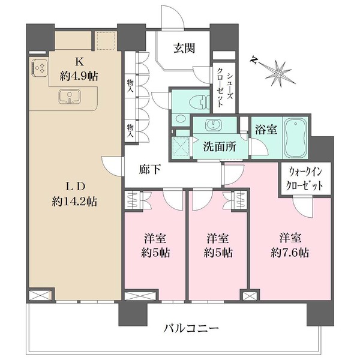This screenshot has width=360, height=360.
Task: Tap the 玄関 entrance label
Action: pyautogui.click(x=184, y=49)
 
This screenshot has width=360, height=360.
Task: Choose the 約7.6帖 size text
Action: pyautogui.click(x=289, y=253)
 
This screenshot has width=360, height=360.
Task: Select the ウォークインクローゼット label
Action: pyautogui.click(x=304, y=179)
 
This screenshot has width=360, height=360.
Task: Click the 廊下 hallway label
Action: pyautogui.click(x=150, y=170)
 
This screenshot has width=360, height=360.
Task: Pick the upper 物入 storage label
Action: pyautogui.click(x=130, y=85)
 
